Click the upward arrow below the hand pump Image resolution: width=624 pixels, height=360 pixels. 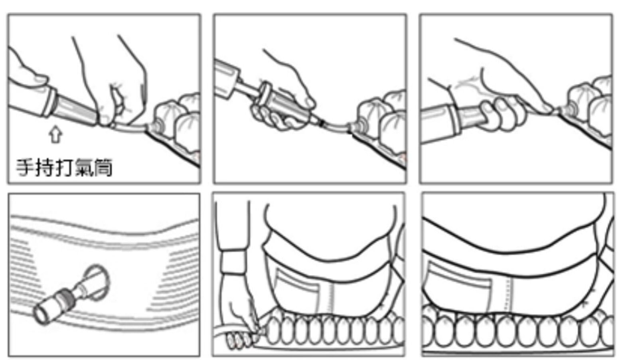tap(55, 134)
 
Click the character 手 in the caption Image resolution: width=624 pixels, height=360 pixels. tap(26, 168)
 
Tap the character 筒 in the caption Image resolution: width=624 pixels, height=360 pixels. tap(103, 168)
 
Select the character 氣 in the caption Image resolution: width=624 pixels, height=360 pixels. tap(84, 168)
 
